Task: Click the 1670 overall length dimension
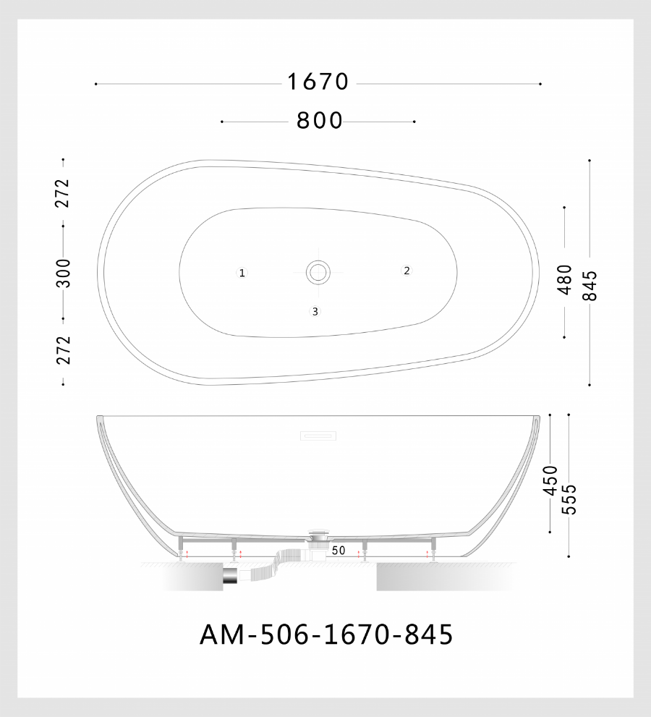(x=318, y=82)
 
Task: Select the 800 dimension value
(x=319, y=121)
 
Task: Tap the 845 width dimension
(x=590, y=285)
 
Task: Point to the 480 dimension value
(x=565, y=279)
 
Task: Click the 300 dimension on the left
(x=64, y=273)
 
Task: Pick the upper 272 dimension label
(x=62, y=193)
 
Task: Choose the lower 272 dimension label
(x=64, y=349)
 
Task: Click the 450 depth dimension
(x=550, y=480)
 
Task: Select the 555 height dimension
(x=569, y=499)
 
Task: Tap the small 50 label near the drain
(x=339, y=551)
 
